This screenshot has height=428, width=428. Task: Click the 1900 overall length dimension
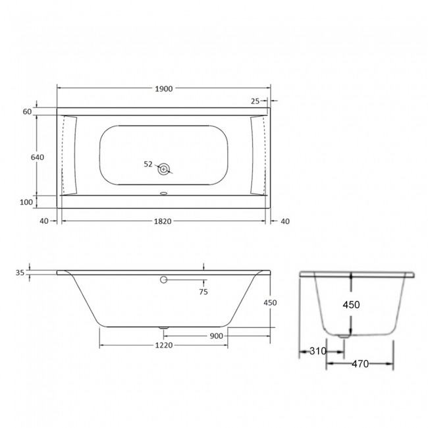tap(163, 88)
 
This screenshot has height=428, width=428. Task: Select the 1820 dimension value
tap(163, 221)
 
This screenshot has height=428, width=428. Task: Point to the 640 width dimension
tap(37, 157)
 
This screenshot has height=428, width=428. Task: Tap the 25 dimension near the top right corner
tap(255, 101)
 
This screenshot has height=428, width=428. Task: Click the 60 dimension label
tap(27, 112)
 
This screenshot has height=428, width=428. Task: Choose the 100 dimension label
tap(26, 202)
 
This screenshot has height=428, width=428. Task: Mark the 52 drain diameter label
tap(147, 164)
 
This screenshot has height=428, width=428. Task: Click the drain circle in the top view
tap(164, 169)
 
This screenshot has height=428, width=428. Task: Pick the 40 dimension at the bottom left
tap(44, 221)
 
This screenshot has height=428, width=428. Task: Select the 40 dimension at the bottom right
tap(285, 221)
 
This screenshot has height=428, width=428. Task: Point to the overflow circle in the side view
tap(164, 281)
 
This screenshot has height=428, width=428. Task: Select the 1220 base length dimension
tap(163, 346)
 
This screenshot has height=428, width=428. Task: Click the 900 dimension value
tap(217, 336)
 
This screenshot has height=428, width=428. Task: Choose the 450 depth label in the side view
tap(270, 303)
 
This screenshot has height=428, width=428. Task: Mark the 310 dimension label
tap(317, 351)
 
